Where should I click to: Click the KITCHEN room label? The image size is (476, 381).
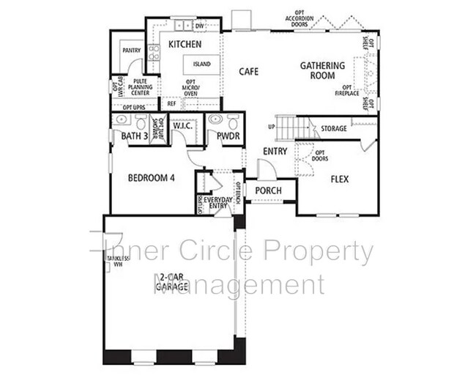[x=185, y=45]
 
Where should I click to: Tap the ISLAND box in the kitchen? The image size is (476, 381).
[x=201, y=64]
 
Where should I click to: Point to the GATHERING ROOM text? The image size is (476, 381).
[x=317, y=70]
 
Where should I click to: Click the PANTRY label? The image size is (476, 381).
[x=132, y=51]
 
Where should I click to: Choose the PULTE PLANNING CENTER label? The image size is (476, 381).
[x=139, y=87]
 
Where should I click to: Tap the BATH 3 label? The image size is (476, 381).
[x=134, y=136]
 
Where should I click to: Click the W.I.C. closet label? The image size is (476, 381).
[x=182, y=126]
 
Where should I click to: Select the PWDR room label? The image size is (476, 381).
[x=228, y=136]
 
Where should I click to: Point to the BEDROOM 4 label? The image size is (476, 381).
[x=152, y=177]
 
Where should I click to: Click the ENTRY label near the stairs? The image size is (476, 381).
[x=275, y=152]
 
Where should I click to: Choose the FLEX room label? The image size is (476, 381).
[x=339, y=179]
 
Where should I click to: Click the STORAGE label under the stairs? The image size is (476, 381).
[x=334, y=129]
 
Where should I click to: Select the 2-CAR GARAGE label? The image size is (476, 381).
[x=168, y=282]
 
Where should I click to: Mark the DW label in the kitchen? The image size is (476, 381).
[x=199, y=26]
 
